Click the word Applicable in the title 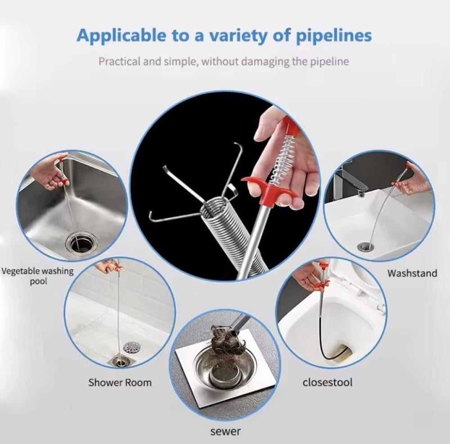tap(121, 36)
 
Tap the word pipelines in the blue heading tap(333, 36)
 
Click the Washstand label tap(412, 273)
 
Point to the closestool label tap(328, 382)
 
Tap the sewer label tap(225, 431)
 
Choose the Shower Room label tap(120, 383)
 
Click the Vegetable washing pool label tap(38, 276)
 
